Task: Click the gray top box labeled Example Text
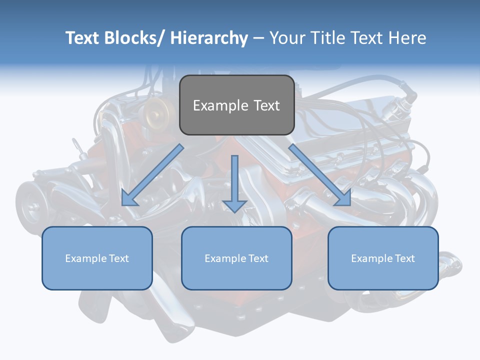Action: [236, 105]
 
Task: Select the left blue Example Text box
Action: [97, 258]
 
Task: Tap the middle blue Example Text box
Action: [236, 258]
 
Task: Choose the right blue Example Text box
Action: [383, 258]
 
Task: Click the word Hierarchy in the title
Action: [208, 38]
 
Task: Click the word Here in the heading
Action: [407, 38]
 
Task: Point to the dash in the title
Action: [258, 38]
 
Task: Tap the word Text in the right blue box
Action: [404, 258]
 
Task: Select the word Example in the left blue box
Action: [86, 258]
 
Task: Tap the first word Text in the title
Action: [83, 38]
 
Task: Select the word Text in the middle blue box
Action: [257, 258]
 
